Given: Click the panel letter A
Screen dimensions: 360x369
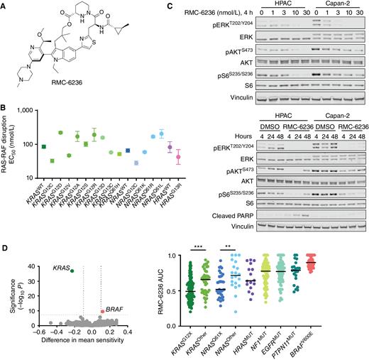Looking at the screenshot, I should click(x=5, y=5).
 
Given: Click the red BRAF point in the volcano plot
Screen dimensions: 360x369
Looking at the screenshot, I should click(x=101, y=311).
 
